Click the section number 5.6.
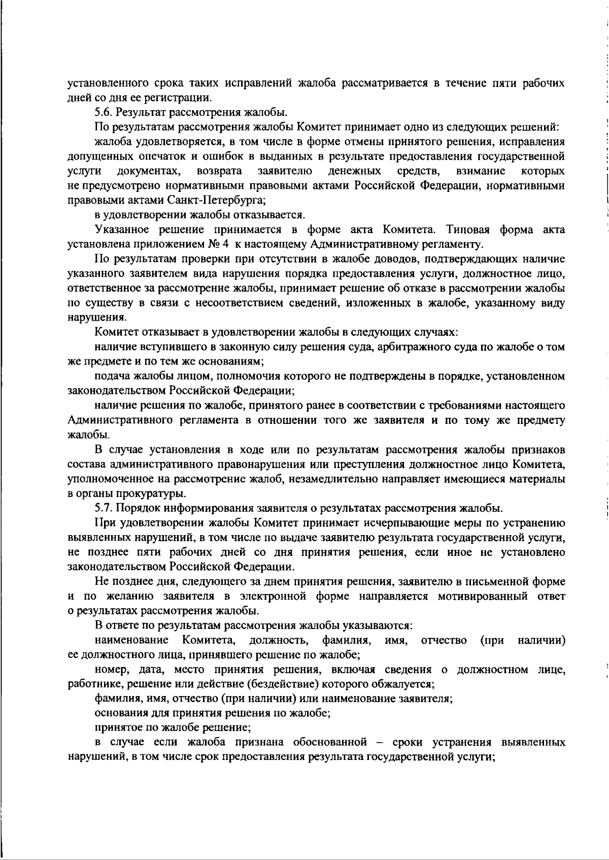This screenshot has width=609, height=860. (x=104, y=112)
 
